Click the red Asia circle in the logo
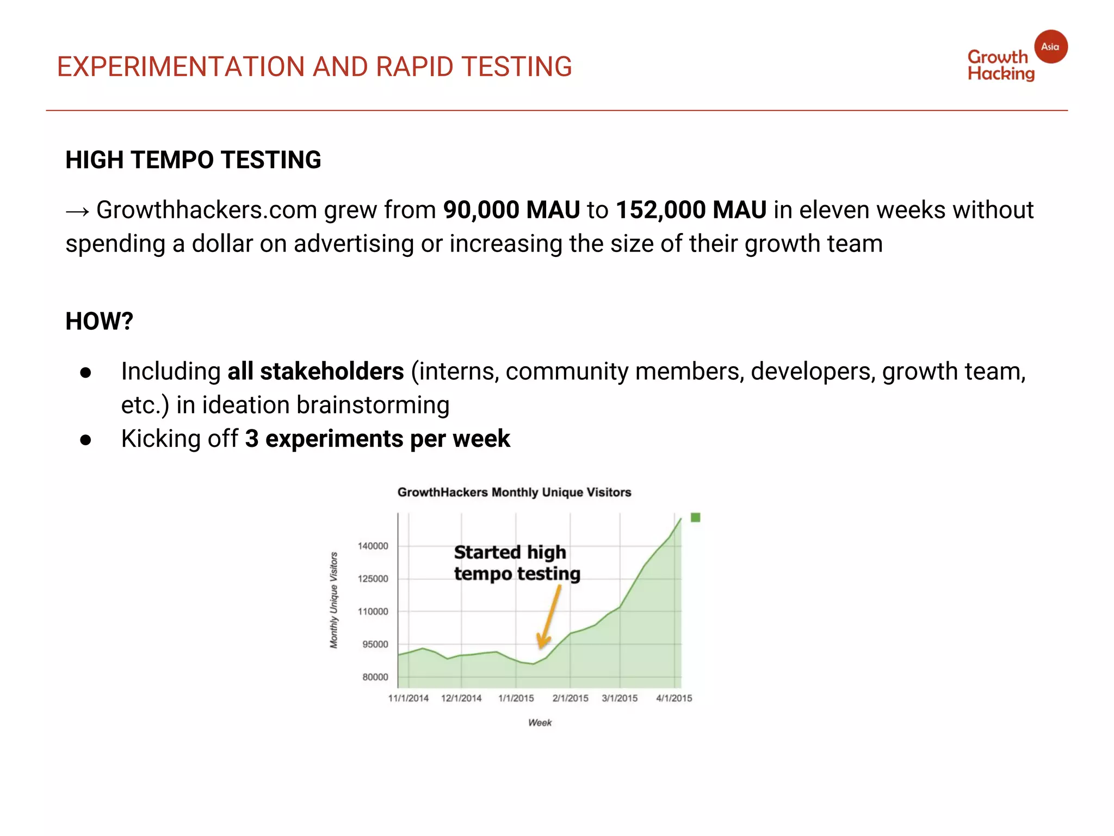[x=1050, y=47]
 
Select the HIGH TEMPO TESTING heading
[x=193, y=160]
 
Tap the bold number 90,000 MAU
[x=511, y=210]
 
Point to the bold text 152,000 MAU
[x=691, y=210]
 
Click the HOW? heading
[x=99, y=321]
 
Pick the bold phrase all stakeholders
[x=315, y=371]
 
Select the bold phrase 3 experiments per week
[x=377, y=439]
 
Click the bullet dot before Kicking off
[x=85, y=440]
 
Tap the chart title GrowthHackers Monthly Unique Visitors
[x=514, y=492]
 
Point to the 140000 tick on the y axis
[x=373, y=546]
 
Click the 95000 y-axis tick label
[x=375, y=644]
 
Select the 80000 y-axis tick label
[x=375, y=677]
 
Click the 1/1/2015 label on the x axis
[x=516, y=698]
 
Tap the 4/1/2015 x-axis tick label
[x=674, y=698]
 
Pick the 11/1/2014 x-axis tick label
[x=409, y=698]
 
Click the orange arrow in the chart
[x=549, y=618]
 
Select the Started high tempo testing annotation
[x=517, y=563]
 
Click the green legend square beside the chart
[x=695, y=518]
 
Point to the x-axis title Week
[x=540, y=723]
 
